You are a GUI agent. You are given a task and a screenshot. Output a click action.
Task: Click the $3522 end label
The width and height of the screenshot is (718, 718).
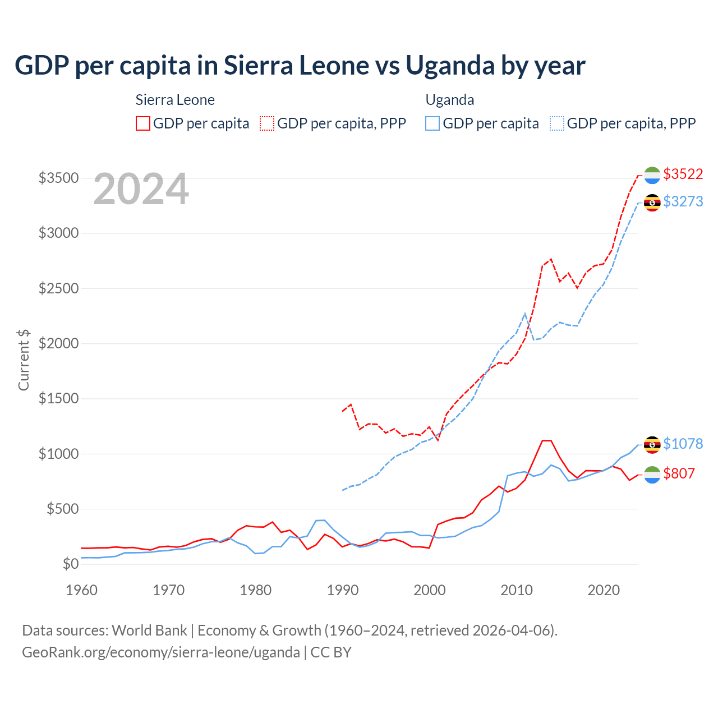point(683,174)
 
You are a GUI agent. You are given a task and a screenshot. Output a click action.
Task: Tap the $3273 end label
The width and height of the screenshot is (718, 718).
point(683,201)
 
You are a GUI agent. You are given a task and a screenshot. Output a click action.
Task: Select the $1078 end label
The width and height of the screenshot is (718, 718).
point(683,444)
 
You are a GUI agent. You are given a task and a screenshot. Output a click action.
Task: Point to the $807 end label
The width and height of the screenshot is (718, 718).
point(679,473)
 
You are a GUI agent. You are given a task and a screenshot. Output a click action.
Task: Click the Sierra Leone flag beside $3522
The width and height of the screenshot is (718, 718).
point(652,175)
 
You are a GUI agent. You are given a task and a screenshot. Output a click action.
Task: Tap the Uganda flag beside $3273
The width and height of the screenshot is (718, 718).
point(652,202)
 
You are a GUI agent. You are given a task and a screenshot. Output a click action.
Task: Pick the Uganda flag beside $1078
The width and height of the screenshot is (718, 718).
point(652,445)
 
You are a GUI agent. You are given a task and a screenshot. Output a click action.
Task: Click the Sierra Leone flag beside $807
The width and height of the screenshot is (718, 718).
point(652,475)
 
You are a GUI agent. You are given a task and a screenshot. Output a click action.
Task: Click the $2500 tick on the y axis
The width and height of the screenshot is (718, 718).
point(58,288)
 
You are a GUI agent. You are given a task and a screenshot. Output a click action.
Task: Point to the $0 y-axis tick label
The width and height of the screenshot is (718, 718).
point(70,564)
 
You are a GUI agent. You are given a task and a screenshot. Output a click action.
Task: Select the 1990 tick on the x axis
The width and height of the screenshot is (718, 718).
point(343,590)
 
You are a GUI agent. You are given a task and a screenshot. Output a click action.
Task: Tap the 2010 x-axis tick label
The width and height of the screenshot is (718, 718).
point(517,590)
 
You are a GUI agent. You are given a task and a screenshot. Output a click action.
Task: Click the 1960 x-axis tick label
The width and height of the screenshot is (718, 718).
point(82,590)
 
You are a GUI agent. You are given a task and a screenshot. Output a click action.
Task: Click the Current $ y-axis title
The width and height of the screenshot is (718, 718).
point(24,360)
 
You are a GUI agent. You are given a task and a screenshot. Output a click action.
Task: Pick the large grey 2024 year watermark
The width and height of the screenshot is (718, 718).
point(141,190)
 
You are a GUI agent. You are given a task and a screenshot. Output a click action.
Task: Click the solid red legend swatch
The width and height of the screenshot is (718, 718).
point(143,123)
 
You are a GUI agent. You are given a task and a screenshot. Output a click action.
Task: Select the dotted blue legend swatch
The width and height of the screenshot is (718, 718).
point(557,123)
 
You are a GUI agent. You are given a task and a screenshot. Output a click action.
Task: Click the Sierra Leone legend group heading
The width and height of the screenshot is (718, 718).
point(175,100)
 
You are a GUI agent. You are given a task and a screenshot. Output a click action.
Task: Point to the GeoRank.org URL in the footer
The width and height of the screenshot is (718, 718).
point(161,652)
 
